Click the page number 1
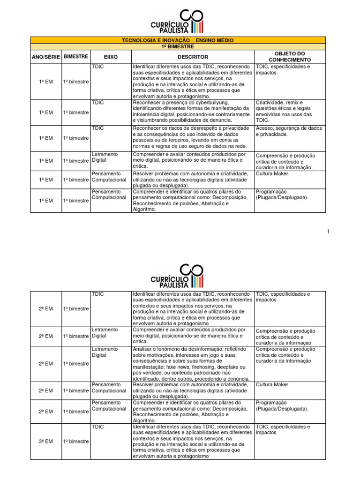click(329, 232)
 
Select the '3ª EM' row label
click(45, 442)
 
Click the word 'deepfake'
click(231, 367)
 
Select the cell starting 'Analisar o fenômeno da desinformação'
click(193, 364)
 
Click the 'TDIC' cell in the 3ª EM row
click(98, 427)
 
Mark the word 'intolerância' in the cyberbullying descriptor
click(148, 114)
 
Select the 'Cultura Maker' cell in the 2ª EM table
click(272, 385)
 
